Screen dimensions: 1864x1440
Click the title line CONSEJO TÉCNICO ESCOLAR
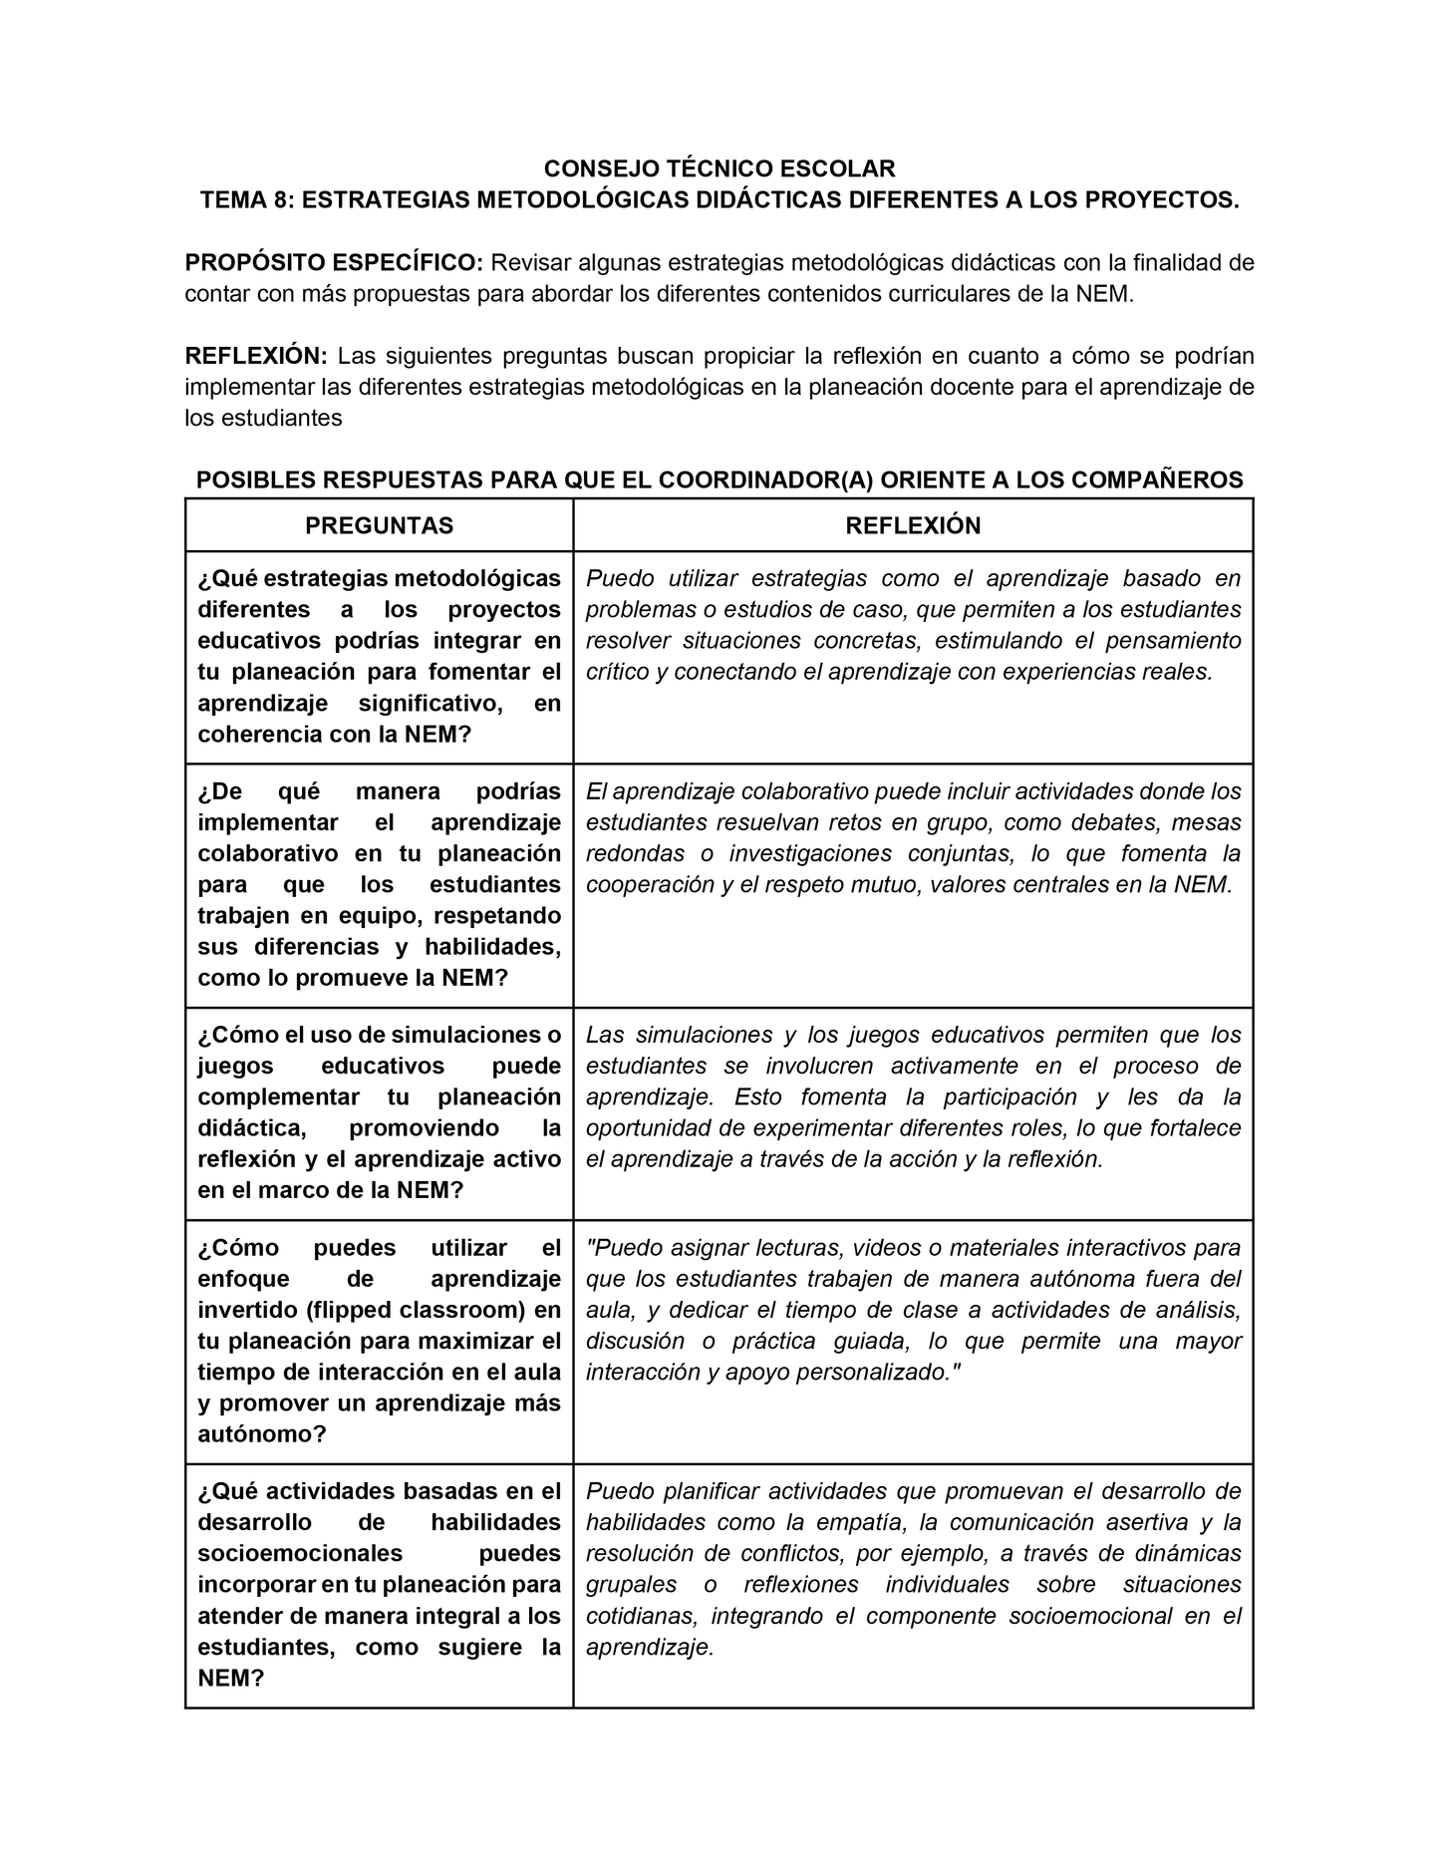tap(719, 167)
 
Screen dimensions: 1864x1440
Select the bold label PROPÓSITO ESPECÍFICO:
tap(334, 262)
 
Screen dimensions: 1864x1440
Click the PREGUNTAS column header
tap(379, 525)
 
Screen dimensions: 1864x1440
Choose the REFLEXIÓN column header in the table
tap(913, 525)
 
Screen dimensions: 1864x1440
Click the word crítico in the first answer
tap(617, 671)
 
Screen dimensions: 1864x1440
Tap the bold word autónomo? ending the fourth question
tap(262, 1434)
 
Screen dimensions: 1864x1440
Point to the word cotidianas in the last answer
tap(642, 1616)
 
